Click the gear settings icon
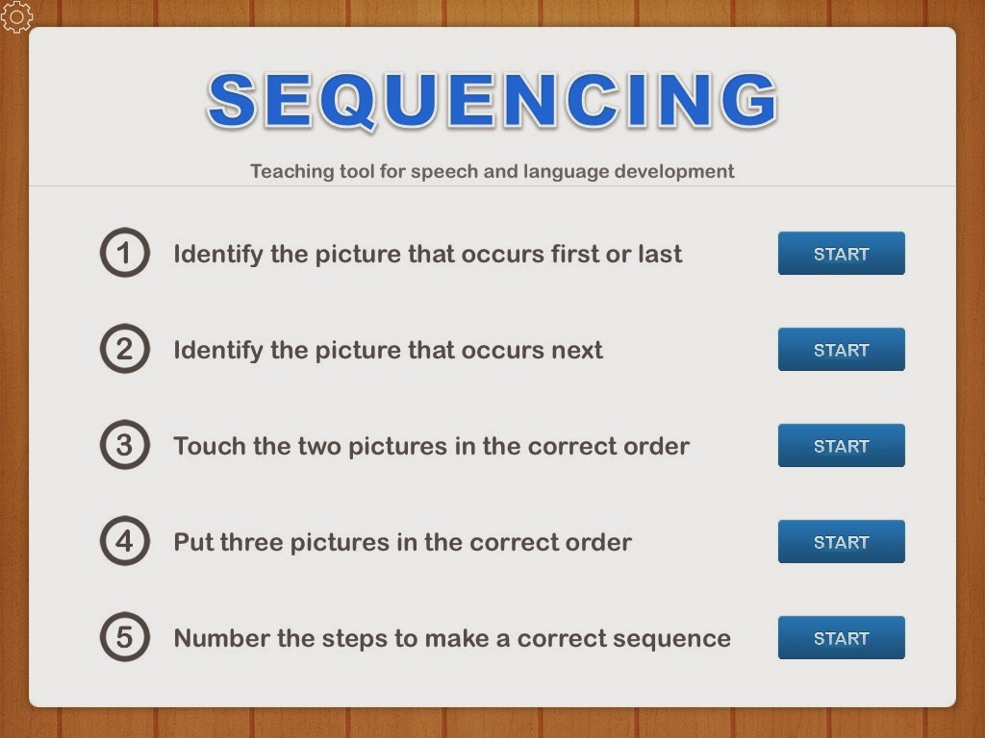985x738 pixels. [17, 16]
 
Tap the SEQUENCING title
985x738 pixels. [492, 100]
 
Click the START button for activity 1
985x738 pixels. [841, 254]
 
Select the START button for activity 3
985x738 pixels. [841, 446]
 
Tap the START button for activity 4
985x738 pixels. [841, 542]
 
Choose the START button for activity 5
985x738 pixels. [841, 638]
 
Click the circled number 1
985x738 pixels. [125, 254]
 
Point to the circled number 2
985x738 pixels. [125, 350]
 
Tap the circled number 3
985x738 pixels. [125, 446]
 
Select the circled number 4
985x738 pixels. [125, 542]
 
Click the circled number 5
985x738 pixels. [125, 638]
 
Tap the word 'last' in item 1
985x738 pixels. [661, 255]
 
